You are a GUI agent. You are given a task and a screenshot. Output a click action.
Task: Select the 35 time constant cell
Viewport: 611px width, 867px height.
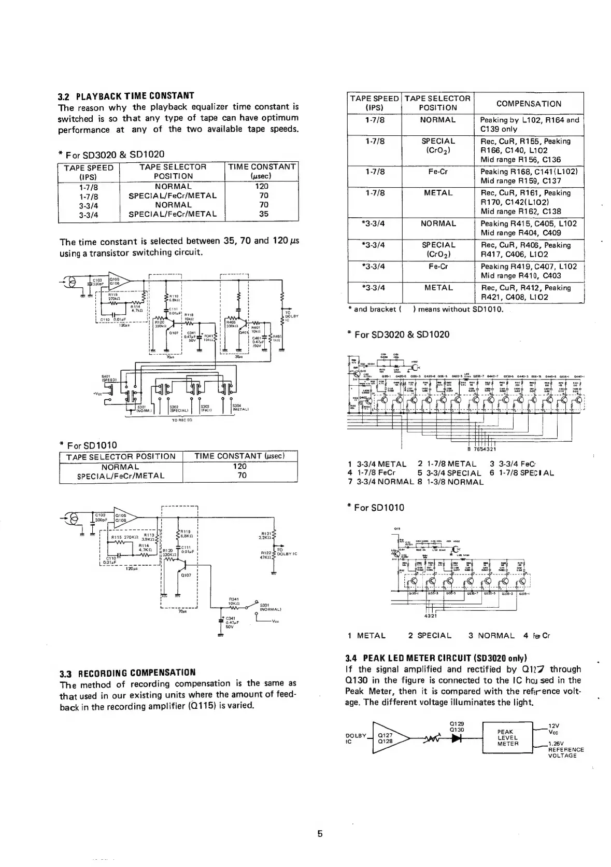263,214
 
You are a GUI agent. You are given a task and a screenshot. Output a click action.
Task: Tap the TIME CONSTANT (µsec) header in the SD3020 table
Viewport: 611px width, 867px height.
262,171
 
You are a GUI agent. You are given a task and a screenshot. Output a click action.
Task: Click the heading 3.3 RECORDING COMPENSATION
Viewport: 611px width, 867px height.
127,673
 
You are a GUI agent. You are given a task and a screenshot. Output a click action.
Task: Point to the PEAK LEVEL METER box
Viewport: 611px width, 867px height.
507,737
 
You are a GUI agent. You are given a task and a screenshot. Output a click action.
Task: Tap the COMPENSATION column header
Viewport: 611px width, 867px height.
529,104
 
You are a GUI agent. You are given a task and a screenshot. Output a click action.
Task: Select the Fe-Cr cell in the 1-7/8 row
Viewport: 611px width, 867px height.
438,171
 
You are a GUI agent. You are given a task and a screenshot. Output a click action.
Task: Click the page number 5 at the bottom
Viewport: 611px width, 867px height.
320,834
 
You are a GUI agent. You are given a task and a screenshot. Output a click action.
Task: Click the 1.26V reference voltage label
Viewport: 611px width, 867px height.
558,743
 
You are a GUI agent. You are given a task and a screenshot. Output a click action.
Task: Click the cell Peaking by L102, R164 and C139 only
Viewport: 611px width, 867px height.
529,124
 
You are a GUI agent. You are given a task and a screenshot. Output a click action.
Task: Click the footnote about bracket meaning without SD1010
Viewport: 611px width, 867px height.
428,309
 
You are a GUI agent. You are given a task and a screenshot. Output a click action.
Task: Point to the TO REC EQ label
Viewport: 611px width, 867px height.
182,420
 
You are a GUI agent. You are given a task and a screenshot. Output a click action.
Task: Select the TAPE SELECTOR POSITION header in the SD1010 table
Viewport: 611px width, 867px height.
121,456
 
